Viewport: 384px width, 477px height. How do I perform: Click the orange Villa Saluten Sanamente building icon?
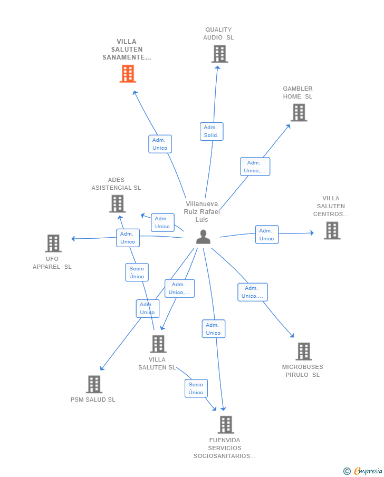[128, 74]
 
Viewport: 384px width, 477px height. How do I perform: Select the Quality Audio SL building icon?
[219, 54]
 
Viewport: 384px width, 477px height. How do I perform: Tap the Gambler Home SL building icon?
[299, 113]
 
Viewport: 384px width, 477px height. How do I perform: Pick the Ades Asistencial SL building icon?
[117, 203]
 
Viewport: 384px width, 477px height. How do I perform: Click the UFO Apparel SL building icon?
[53, 244]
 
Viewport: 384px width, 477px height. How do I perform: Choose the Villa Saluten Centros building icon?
[332, 230]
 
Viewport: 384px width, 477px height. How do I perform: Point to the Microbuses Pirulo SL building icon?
[304, 352]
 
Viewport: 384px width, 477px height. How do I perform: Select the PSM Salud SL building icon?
[94, 384]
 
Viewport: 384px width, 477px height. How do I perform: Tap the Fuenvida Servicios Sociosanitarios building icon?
[226, 425]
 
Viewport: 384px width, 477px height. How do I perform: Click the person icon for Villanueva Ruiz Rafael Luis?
[203, 237]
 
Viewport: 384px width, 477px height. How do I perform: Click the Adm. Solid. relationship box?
[212, 131]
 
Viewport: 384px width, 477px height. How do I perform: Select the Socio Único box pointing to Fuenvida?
[196, 388]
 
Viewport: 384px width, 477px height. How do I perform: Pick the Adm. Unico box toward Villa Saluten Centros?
[267, 235]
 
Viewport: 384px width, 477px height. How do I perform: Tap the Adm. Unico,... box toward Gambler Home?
[255, 167]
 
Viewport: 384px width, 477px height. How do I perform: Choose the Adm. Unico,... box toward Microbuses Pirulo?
[253, 292]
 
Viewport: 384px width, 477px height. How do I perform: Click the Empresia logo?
[363, 471]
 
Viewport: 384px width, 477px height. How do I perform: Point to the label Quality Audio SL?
[218, 33]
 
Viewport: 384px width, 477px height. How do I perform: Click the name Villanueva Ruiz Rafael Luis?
[201, 212]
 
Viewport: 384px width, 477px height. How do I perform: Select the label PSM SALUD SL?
[93, 400]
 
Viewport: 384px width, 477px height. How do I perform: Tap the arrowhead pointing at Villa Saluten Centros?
[312, 233]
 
